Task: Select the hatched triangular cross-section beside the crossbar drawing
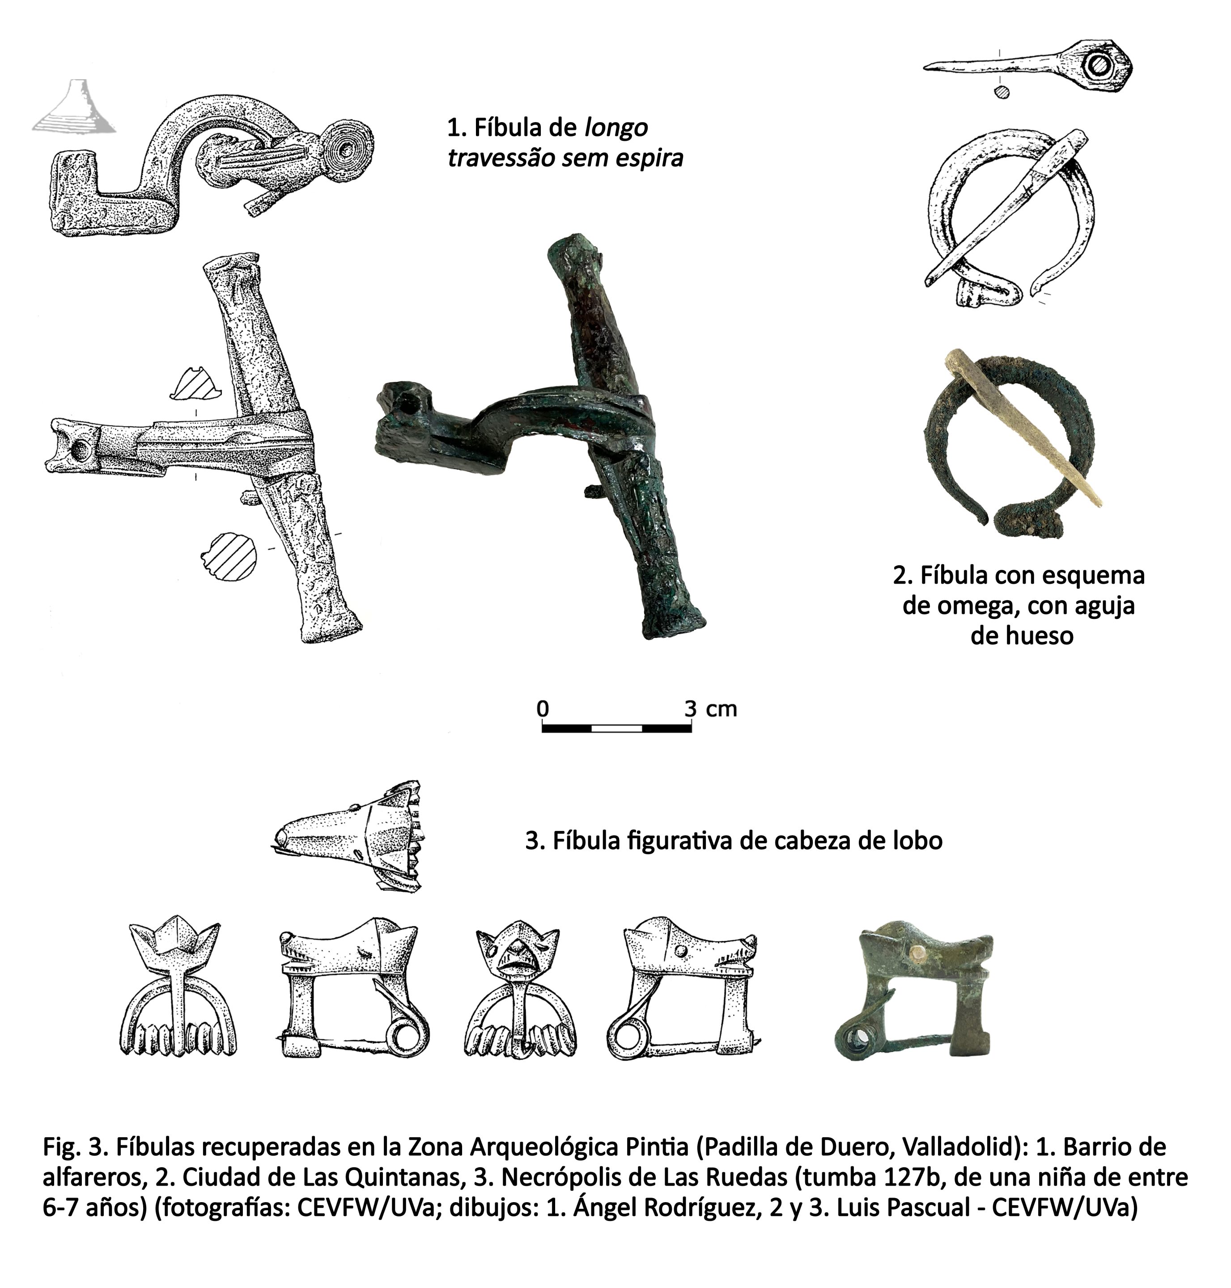(x=195, y=384)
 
